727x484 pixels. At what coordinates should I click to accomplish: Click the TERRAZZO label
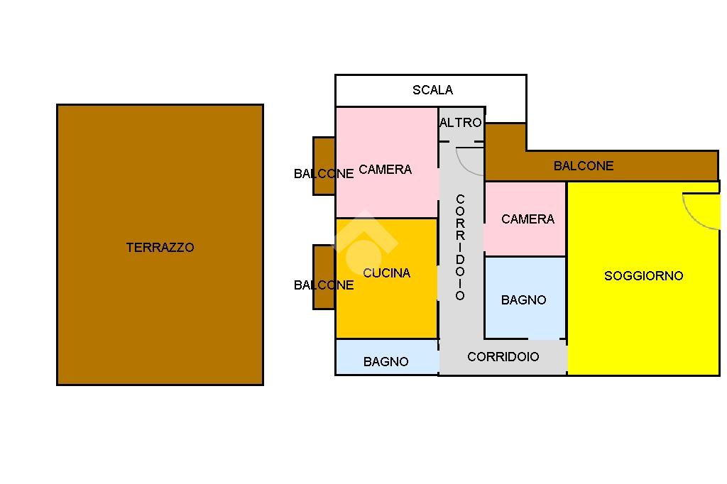(160, 248)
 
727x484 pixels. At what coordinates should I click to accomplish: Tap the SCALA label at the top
(432, 90)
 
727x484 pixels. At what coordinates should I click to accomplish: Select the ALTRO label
(461, 123)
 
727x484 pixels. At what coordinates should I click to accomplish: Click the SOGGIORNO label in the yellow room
(643, 276)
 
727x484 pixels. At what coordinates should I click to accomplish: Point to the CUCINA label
(386, 273)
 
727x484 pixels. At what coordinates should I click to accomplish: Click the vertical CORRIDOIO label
(460, 246)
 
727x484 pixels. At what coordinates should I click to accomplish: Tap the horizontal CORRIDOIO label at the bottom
(503, 357)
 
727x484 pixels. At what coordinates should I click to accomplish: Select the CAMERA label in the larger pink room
(385, 170)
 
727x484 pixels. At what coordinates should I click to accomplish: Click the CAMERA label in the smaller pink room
(528, 219)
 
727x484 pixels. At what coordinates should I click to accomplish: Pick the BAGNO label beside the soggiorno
(523, 300)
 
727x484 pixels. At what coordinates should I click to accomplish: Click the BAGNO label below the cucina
(386, 362)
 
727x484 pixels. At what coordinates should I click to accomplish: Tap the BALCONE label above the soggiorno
(584, 166)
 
